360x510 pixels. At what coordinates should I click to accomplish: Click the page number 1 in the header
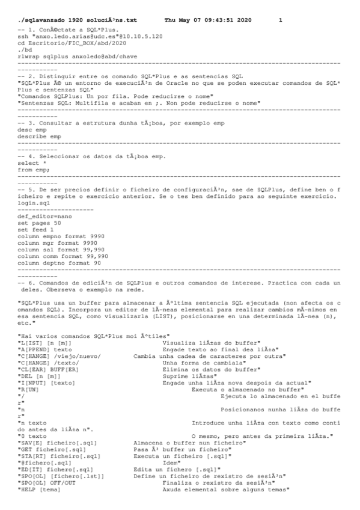click(x=280, y=21)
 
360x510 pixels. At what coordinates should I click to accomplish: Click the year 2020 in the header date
click(x=243, y=21)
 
